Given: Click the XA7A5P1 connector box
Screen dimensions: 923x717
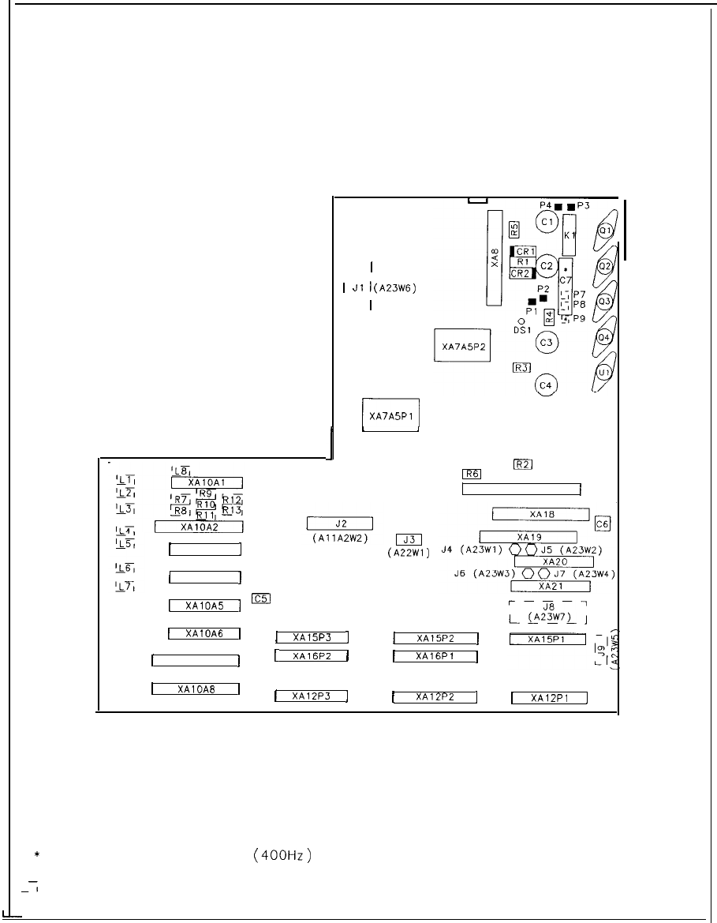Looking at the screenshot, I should click(x=390, y=415).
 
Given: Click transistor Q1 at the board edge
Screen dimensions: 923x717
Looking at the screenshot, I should click(x=606, y=231).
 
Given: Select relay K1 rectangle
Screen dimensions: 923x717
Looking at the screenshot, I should click(x=569, y=235).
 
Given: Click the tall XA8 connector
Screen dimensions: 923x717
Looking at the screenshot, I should click(x=495, y=258).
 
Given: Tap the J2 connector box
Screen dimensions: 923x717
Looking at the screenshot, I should click(x=340, y=523).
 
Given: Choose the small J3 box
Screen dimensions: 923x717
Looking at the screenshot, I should click(x=409, y=539).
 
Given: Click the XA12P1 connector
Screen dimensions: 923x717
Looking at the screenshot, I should click(x=551, y=697).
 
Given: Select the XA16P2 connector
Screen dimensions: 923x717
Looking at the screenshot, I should click(x=312, y=655).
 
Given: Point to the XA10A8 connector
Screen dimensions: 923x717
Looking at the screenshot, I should click(x=196, y=688).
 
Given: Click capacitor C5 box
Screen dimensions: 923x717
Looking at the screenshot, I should click(x=261, y=598).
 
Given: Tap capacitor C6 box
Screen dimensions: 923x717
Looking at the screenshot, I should click(x=603, y=523).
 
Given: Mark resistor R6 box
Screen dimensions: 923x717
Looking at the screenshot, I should click(x=472, y=474).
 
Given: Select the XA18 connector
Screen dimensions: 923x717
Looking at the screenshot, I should click(x=542, y=514).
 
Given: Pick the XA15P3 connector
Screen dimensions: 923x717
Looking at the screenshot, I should click(x=312, y=637).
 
